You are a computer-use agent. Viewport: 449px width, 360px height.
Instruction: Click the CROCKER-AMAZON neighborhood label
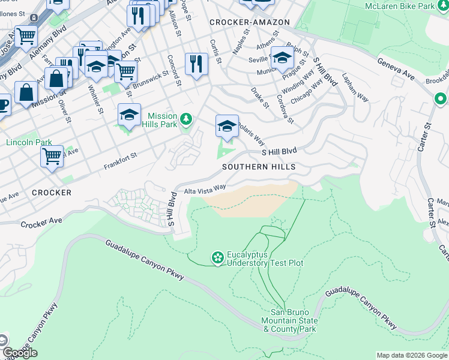click(250, 22)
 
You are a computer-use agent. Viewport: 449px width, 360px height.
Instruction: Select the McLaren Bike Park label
click(400, 7)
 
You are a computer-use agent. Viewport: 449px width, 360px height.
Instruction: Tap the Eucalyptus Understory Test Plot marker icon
click(217, 258)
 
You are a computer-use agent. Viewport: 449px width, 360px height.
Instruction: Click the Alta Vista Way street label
click(205, 190)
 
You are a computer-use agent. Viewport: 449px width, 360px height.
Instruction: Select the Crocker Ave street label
click(41, 223)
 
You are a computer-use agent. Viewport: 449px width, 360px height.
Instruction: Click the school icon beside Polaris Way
click(227, 127)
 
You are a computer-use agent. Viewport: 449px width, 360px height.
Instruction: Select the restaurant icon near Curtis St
click(196, 63)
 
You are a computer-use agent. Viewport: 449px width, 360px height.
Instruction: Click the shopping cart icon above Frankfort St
click(52, 157)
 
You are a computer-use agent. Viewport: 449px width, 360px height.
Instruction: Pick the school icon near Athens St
click(282, 58)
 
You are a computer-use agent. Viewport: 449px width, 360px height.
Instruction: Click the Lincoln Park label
click(29, 142)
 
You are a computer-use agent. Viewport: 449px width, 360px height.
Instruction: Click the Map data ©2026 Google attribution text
click(411, 355)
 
